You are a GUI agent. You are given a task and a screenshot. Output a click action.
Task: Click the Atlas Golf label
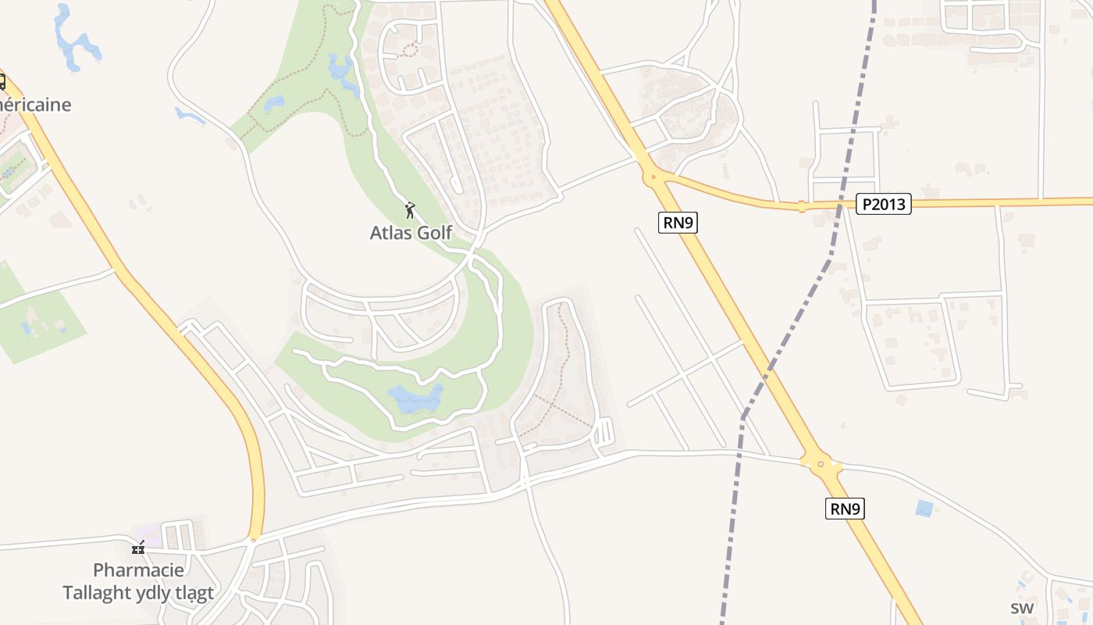point(411,232)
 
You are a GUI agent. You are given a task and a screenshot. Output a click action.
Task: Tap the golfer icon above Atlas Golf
point(410,209)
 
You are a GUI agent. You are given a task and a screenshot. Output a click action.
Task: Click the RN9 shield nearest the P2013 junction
point(678,223)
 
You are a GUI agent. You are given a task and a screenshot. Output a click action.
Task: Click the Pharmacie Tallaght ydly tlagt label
point(138,581)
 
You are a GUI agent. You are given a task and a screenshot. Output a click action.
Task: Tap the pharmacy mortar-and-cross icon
point(139,548)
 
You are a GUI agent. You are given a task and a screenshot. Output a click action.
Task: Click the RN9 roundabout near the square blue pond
point(821,465)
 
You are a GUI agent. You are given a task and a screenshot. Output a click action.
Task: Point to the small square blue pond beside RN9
point(924,509)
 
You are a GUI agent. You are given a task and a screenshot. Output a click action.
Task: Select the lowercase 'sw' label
point(1021,608)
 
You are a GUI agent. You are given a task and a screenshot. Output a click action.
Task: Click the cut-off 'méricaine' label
point(35,105)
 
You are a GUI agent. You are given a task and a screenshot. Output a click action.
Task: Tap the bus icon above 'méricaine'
point(2,81)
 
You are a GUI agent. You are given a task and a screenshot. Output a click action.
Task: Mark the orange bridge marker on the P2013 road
point(801,206)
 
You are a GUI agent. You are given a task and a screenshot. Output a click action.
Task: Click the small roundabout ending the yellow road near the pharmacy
point(253,540)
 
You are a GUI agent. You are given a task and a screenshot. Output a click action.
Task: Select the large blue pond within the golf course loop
point(415,399)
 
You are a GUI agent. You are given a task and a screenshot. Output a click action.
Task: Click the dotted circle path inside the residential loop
point(410,50)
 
